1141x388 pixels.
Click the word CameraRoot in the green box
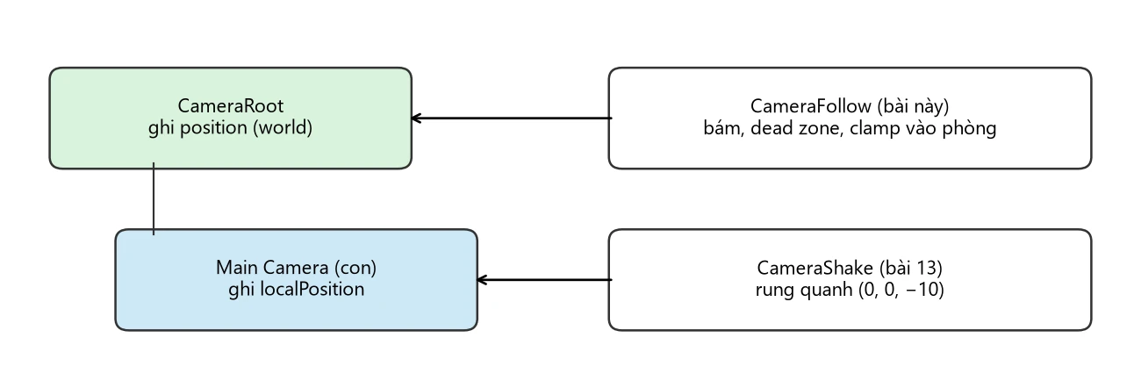coord(230,106)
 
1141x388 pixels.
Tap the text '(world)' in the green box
coord(283,127)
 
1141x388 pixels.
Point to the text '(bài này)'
coord(914,106)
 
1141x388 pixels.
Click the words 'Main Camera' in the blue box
coord(272,268)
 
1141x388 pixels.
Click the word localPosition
coord(312,289)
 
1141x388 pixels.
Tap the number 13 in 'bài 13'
coord(927,268)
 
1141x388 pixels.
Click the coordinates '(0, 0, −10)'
coord(901,290)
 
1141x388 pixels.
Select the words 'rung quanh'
coord(804,290)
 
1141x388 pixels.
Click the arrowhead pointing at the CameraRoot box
coord(416,119)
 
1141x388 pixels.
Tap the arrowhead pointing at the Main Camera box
coord(482,279)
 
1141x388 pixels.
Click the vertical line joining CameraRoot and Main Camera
coord(154,198)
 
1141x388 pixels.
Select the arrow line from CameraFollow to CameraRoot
coord(512,119)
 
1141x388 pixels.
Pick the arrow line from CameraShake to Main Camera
coord(544,279)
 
